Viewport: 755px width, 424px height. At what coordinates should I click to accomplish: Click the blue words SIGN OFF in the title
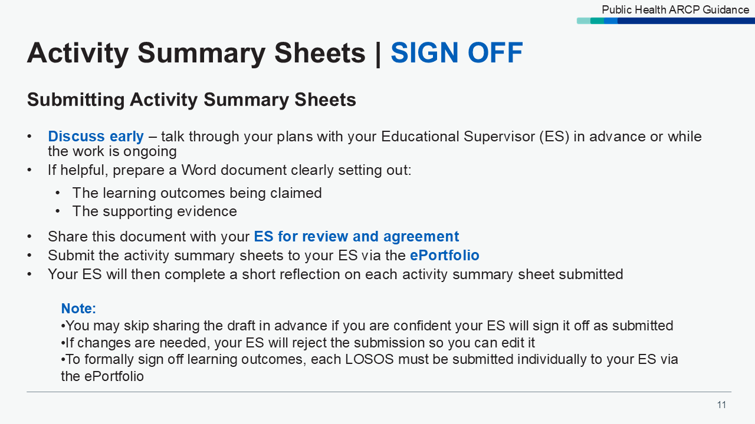[x=457, y=53]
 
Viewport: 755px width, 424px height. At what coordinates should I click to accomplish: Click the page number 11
[x=721, y=405]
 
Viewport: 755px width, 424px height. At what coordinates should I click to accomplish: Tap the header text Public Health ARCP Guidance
[x=675, y=10]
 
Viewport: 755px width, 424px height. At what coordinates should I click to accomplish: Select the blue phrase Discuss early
[x=96, y=137]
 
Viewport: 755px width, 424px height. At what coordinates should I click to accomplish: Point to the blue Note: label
[x=78, y=309]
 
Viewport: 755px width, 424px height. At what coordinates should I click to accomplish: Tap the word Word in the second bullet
[x=198, y=170]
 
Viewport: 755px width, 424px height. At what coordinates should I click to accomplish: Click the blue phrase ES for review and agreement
[x=356, y=237]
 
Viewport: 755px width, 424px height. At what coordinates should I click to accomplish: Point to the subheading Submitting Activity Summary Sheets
[x=192, y=100]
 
